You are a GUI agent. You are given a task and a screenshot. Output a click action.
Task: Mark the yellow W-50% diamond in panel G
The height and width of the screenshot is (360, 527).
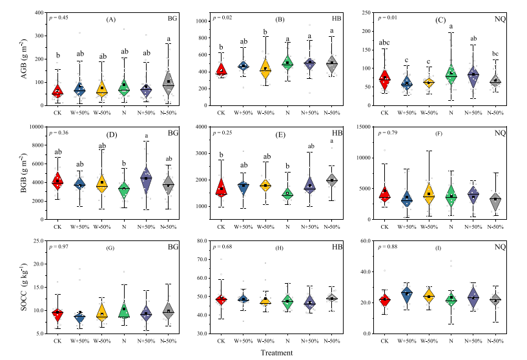pos(101,312)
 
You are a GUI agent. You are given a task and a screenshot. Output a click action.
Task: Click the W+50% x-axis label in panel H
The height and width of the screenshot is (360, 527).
pos(244,340)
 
